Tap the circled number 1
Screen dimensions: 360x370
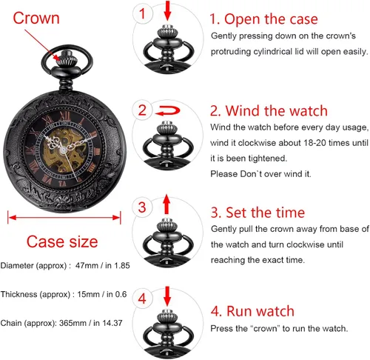pos(143,13)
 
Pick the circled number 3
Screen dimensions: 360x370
pos(142,205)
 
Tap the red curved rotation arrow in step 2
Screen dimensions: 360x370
pos(166,111)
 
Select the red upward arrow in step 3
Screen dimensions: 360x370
pos(166,204)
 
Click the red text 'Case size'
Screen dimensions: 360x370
pos(62,242)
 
